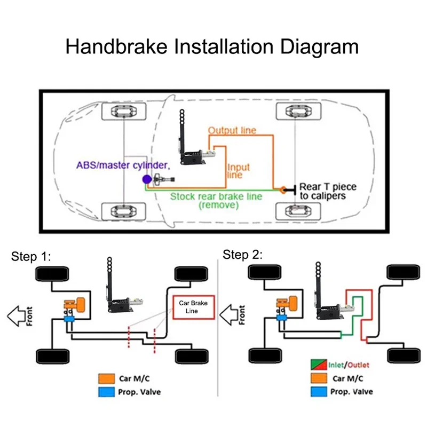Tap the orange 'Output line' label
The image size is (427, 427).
coord(232,130)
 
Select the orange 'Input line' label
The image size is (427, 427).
coord(238,171)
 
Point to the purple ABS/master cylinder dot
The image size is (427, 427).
coord(146,180)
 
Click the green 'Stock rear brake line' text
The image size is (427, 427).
coord(216,196)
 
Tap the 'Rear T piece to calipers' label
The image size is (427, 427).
coord(327,191)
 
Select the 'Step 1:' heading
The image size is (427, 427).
coord(31,257)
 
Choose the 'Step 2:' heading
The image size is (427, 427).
coord(243,255)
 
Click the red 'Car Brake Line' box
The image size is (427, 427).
coord(193,306)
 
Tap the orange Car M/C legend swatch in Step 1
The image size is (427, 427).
coord(105,379)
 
